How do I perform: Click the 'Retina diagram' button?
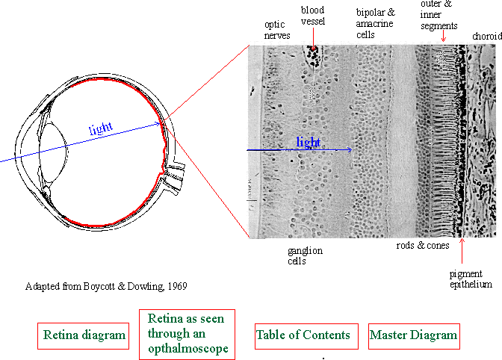click(83, 335)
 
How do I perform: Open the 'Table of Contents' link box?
click(306, 336)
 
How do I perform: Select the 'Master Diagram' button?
click(414, 336)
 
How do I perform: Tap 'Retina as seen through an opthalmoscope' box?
click(187, 335)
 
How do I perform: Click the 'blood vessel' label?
click(313, 16)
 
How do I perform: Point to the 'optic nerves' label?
click(277, 30)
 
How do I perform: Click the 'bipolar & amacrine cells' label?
click(375, 23)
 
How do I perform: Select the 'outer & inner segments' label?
click(439, 15)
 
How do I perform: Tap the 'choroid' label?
click(487, 36)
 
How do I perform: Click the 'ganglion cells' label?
click(305, 255)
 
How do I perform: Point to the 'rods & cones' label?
click(423, 246)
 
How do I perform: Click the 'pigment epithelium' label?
click(471, 279)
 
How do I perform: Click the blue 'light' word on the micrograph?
click(309, 142)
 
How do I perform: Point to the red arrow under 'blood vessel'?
click(313, 38)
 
